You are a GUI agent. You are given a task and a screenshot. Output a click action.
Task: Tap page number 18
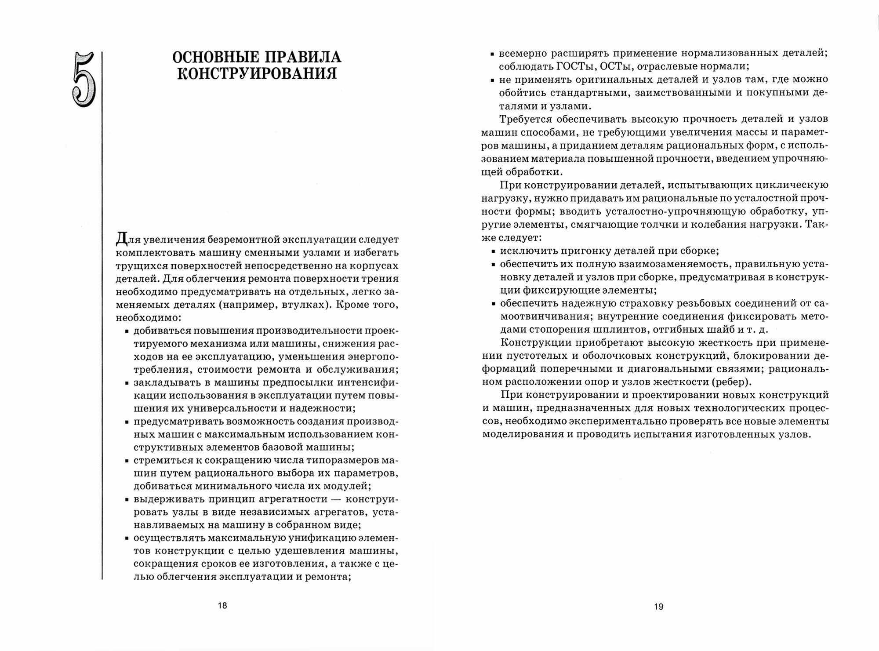(222, 605)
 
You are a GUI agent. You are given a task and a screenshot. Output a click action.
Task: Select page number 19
(658, 607)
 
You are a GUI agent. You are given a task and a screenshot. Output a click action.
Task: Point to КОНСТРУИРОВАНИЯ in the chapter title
(257, 73)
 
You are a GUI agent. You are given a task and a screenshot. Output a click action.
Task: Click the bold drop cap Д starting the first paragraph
(121, 240)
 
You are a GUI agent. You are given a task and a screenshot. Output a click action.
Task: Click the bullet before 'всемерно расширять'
(492, 54)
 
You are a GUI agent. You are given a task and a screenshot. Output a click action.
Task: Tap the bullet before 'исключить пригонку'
(492, 252)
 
